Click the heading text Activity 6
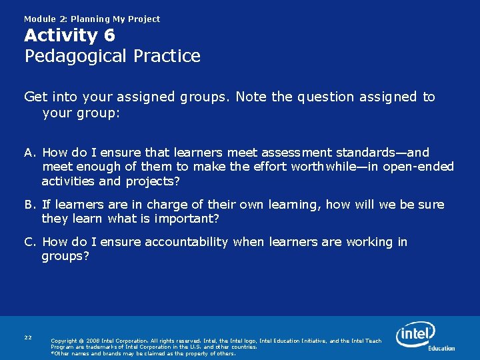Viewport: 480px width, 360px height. (69, 35)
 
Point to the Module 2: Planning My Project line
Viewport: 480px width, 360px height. (92, 19)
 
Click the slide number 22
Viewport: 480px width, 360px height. (28, 337)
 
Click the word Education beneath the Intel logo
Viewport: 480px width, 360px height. (441, 348)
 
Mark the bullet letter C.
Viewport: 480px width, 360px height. (30, 242)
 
